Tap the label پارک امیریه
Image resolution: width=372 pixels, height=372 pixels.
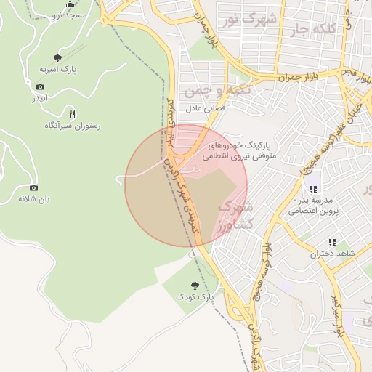(x=58, y=69)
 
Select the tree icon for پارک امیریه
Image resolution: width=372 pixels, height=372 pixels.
(x=58, y=57)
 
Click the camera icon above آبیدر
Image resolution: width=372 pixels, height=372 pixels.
(x=40, y=86)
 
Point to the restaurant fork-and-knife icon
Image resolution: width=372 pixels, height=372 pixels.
(x=71, y=114)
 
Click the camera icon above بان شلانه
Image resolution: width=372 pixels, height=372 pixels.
(x=33, y=187)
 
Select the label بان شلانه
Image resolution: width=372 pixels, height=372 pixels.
(x=33, y=198)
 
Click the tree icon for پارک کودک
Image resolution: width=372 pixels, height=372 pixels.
(x=194, y=286)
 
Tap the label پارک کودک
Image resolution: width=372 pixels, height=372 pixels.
(x=195, y=297)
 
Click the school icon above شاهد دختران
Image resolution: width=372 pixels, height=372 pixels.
(x=332, y=242)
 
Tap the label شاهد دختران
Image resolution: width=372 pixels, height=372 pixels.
(x=332, y=254)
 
